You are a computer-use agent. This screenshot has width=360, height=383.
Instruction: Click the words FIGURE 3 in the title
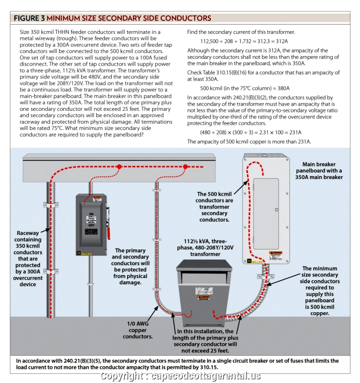pos(30,18)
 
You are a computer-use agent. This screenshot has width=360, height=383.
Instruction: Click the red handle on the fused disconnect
pos(109,221)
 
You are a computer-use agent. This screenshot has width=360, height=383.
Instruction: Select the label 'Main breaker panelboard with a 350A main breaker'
pos(319,171)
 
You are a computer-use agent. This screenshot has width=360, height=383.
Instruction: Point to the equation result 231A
pos(294,132)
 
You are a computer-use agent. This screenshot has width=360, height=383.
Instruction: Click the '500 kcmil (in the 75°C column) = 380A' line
pos(245,88)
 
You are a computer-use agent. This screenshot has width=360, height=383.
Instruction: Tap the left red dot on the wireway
pos(119,166)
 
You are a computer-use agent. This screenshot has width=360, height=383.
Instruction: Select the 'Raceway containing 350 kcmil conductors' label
pos(28,258)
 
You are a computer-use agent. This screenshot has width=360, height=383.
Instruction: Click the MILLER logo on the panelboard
pos(254,261)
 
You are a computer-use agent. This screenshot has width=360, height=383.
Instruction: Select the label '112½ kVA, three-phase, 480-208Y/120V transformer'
pos(200,247)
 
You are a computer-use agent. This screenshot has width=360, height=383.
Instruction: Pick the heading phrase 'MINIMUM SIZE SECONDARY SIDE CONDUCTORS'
pos(129,18)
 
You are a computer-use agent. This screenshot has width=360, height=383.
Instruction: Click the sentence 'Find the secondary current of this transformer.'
pos(241,32)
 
